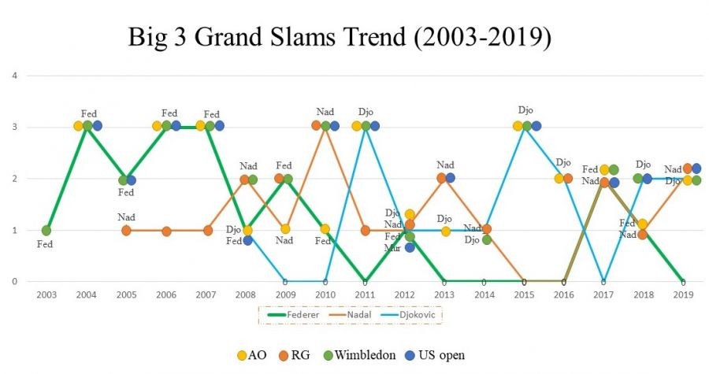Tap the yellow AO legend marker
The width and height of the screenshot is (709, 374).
241,355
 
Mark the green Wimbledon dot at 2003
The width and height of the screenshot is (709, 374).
46,231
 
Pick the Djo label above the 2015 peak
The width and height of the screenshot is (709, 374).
525,110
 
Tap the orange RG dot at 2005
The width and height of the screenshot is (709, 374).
126,231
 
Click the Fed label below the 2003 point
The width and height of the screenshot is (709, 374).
46,245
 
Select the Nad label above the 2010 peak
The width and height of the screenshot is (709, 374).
325,112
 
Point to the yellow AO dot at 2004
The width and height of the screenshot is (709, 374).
78,126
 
